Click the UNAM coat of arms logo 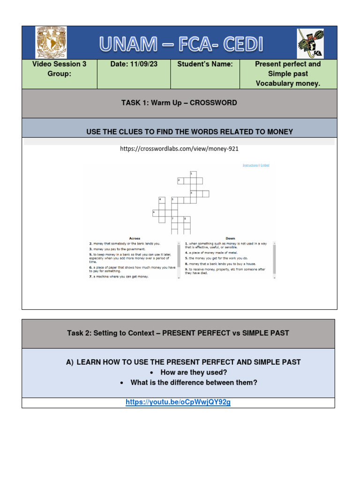[x=51, y=43]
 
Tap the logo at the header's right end [x=310, y=43]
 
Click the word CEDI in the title [x=237, y=45]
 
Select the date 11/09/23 [x=142, y=64]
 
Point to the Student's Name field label [x=205, y=64]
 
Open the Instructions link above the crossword [x=250, y=165]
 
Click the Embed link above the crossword [x=265, y=165]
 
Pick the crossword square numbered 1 [x=193, y=174]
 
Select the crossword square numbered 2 [x=180, y=180]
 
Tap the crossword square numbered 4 [x=162, y=200]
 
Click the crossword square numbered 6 [x=156, y=213]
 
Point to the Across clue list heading [x=135, y=239]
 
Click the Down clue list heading [x=230, y=239]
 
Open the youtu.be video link [x=178, y=402]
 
